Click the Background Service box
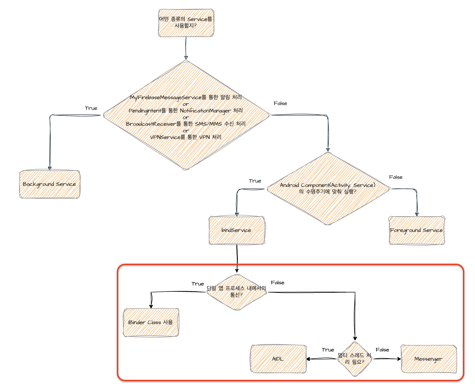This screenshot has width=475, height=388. coord(49,184)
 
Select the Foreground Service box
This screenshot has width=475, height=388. coord(416,230)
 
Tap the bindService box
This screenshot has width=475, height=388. coord(237,230)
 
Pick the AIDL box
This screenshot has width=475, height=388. coord(278,359)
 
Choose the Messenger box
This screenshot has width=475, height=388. coord(428,359)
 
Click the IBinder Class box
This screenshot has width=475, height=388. coord(151,322)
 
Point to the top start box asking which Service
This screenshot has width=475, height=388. coord(186,23)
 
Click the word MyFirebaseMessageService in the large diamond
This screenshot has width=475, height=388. coord(165,97)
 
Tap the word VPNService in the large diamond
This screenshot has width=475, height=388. coord(165,137)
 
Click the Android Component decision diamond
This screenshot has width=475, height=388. coord(328,189)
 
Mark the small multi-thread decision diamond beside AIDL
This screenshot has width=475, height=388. coord(355,359)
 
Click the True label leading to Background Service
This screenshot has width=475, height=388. coord(91,108)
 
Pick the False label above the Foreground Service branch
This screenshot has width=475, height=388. coord(396,177)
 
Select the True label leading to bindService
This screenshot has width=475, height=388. coord(255,181)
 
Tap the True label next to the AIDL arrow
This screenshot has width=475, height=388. coord(328,350)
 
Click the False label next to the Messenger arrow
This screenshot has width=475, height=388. coord(382,350)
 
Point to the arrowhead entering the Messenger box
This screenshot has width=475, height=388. coord(399,359)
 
